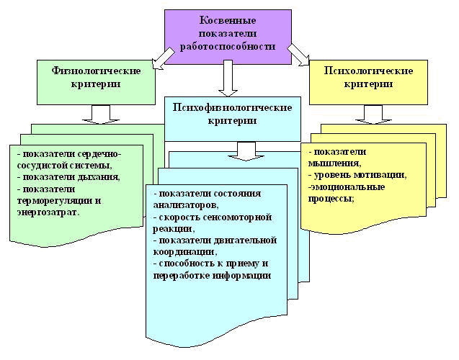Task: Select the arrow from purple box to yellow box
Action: pyautogui.click(x=297, y=53)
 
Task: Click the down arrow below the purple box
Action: pyautogui.click(x=228, y=78)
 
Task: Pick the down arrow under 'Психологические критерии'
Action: pyautogui.click(x=373, y=113)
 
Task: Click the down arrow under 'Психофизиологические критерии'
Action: pyautogui.click(x=246, y=150)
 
